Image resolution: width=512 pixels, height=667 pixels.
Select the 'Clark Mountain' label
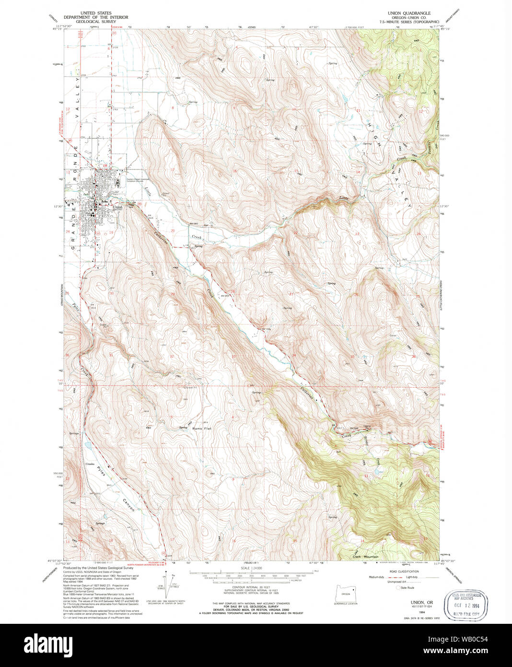(x=365, y=557)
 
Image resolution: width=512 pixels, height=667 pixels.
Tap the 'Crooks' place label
(x=90, y=464)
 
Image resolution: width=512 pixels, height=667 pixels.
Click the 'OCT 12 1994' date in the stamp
(x=463, y=606)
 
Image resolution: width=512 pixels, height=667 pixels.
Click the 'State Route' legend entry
(x=406, y=587)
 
